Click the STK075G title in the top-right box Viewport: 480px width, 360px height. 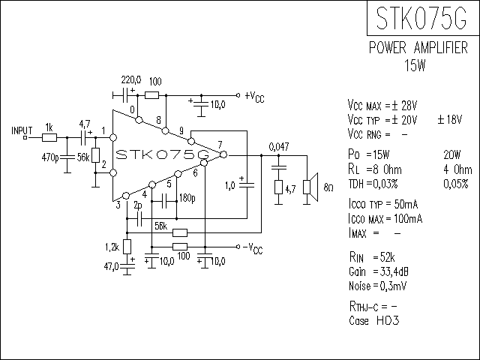coord(421,18)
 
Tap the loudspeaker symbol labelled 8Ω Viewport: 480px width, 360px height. coord(310,187)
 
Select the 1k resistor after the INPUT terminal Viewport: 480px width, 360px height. coord(49,138)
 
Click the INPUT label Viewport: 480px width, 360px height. coord(22,130)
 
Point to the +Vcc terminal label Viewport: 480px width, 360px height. coord(254,97)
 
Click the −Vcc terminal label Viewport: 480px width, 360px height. coord(253,248)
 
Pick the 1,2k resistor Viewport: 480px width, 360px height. coord(127,247)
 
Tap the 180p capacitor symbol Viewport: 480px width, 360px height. coord(164,202)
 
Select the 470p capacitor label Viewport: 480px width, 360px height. coord(50,158)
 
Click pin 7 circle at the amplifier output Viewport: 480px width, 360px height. coord(223,155)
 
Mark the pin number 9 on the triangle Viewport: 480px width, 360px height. coord(181,131)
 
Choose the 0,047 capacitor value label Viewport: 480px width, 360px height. coord(279,147)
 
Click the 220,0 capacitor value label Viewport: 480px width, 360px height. coord(131,80)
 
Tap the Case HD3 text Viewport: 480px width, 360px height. coord(374,321)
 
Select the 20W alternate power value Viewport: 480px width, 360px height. coord(451,155)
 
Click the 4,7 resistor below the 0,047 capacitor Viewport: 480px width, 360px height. coord(278,187)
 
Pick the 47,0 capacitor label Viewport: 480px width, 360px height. coord(111,267)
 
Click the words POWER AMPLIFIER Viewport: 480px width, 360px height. coord(418,48)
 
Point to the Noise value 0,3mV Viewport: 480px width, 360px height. coord(393,286)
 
